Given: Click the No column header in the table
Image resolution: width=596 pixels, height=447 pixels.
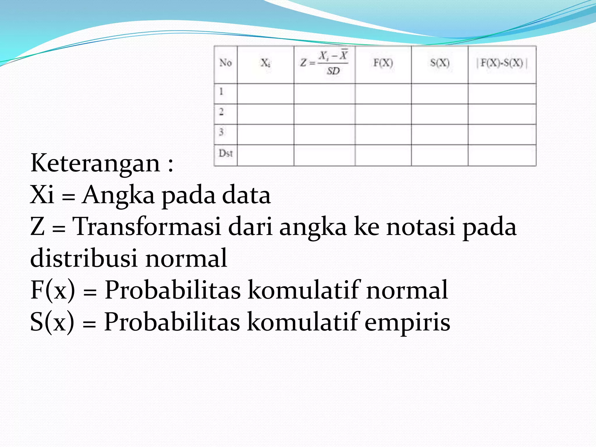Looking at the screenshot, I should (x=226, y=63).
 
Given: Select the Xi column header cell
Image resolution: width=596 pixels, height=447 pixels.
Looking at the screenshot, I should (x=265, y=63).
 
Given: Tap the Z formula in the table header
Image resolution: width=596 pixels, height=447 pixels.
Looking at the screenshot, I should (x=324, y=63).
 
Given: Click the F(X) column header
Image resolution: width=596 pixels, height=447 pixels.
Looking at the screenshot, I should (x=383, y=63).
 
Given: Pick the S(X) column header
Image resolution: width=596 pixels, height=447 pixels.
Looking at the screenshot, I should (x=440, y=63).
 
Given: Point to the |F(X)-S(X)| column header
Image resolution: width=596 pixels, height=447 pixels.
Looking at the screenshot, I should (x=502, y=63).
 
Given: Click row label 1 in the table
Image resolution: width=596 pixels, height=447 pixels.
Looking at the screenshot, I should (x=221, y=91).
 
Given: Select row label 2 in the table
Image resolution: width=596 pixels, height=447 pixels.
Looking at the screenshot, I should (x=221, y=112).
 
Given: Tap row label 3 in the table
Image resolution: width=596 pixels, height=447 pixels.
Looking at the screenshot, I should (x=221, y=132).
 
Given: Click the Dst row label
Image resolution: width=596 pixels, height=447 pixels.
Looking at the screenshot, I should (x=226, y=153).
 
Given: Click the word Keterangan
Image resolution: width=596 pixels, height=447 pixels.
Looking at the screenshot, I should (x=95, y=163).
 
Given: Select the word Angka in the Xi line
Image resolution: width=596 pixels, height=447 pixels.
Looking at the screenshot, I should (x=118, y=195).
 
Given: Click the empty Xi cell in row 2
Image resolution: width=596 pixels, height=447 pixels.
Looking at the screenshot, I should (x=265, y=114).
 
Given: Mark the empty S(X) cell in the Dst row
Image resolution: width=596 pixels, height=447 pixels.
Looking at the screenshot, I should (x=440, y=155).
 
